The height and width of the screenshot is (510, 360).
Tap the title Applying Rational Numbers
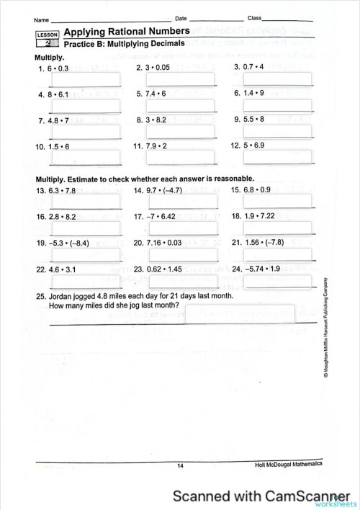coord(127,32)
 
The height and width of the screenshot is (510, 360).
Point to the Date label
coord(181,17)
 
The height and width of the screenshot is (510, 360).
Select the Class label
coord(255,17)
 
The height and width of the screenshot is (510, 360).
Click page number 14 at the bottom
coord(180,466)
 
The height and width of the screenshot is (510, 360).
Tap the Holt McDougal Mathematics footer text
coord(289,465)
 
